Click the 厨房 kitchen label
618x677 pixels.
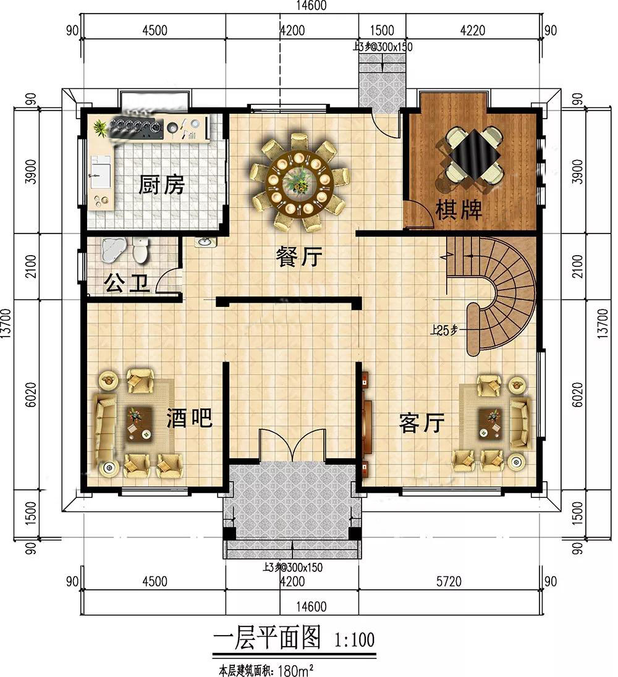[x=161, y=185]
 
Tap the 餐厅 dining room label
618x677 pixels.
[x=299, y=257]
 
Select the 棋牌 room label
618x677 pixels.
[x=459, y=210]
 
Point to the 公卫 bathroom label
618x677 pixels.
[x=127, y=284]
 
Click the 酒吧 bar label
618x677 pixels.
[x=190, y=418]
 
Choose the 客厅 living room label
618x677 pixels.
[x=421, y=423]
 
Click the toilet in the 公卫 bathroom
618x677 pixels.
[x=140, y=250]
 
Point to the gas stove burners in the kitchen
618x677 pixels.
[x=135, y=127]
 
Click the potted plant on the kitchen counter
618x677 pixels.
[x=101, y=128]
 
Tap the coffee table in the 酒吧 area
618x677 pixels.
[x=139, y=424]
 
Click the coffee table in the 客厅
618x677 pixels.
[x=491, y=424]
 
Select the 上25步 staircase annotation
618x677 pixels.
[x=444, y=330]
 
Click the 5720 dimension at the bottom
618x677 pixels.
[x=449, y=582]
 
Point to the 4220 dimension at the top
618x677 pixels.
[x=473, y=31]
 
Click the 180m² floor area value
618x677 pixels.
[x=295, y=671]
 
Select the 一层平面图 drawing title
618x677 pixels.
[x=267, y=637]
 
